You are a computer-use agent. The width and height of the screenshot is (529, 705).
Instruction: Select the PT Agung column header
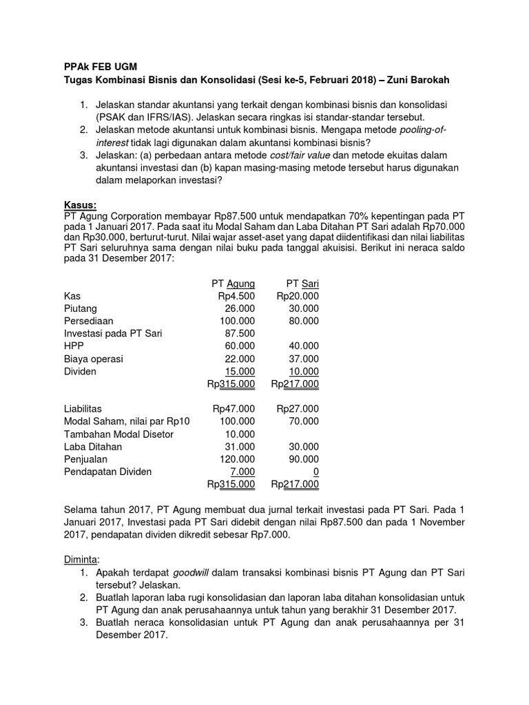click(x=233, y=283)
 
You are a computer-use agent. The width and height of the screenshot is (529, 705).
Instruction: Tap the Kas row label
click(x=72, y=295)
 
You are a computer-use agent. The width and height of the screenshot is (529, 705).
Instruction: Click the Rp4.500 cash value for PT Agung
click(x=236, y=295)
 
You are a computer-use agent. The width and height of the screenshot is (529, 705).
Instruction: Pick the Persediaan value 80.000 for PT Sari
click(x=304, y=321)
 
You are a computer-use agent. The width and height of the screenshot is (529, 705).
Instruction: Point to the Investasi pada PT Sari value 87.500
click(x=240, y=333)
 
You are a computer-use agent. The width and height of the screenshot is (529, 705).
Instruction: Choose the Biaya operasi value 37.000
click(x=304, y=359)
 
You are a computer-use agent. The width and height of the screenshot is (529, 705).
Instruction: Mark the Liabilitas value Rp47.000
click(x=234, y=408)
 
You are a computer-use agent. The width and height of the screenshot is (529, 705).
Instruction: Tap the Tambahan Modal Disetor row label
click(x=118, y=434)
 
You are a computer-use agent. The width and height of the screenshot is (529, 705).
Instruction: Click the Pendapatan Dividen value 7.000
click(x=242, y=472)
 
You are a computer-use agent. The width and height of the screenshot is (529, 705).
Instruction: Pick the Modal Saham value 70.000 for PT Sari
click(x=304, y=421)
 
